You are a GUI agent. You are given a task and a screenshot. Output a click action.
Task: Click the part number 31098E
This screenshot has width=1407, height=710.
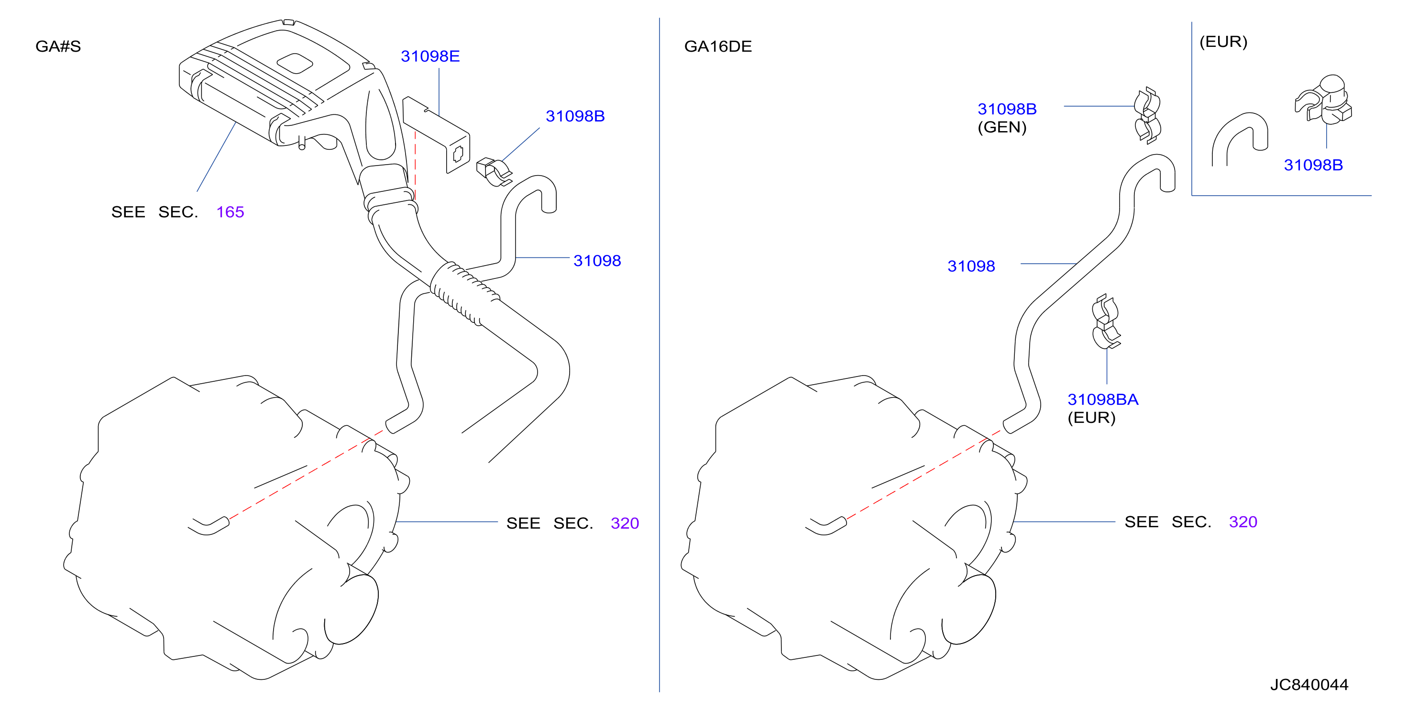(430, 56)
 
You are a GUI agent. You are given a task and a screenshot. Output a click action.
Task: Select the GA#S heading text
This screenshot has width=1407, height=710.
(58, 46)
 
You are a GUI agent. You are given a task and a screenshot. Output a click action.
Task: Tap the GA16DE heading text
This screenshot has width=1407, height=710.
(718, 46)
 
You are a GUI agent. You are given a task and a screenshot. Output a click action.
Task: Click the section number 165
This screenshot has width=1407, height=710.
(230, 211)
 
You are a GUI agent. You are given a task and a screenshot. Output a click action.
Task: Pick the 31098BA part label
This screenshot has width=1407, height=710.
(1103, 399)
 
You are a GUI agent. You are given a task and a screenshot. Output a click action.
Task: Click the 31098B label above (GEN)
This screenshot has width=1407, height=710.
(1007, 109)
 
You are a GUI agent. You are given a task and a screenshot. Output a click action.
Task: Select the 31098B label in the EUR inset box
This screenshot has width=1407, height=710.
(1313, 165)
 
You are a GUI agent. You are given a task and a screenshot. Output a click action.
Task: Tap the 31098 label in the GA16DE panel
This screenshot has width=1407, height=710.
(971, 266)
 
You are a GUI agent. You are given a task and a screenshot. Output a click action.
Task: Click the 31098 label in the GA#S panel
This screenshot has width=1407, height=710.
(597, 260)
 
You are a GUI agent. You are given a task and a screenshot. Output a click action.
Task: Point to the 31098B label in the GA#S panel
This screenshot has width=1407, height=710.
(575, 116)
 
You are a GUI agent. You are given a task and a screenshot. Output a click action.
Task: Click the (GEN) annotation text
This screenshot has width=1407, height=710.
(1002, 127)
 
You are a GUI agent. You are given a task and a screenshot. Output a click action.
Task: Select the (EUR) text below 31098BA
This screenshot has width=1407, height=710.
(1091, 418)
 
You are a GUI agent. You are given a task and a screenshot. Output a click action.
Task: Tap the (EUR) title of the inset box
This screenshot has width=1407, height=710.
(1223, 42)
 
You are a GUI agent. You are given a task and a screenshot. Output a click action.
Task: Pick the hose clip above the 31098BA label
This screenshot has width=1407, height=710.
(1106, 322)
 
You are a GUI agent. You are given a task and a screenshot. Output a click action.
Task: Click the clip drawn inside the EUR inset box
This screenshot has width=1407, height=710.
(1323, 100)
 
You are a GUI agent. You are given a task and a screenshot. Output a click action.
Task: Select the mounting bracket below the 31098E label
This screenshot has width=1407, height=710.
(436, 134)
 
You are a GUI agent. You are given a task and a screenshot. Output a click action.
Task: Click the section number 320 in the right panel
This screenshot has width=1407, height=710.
(1243, 522)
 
